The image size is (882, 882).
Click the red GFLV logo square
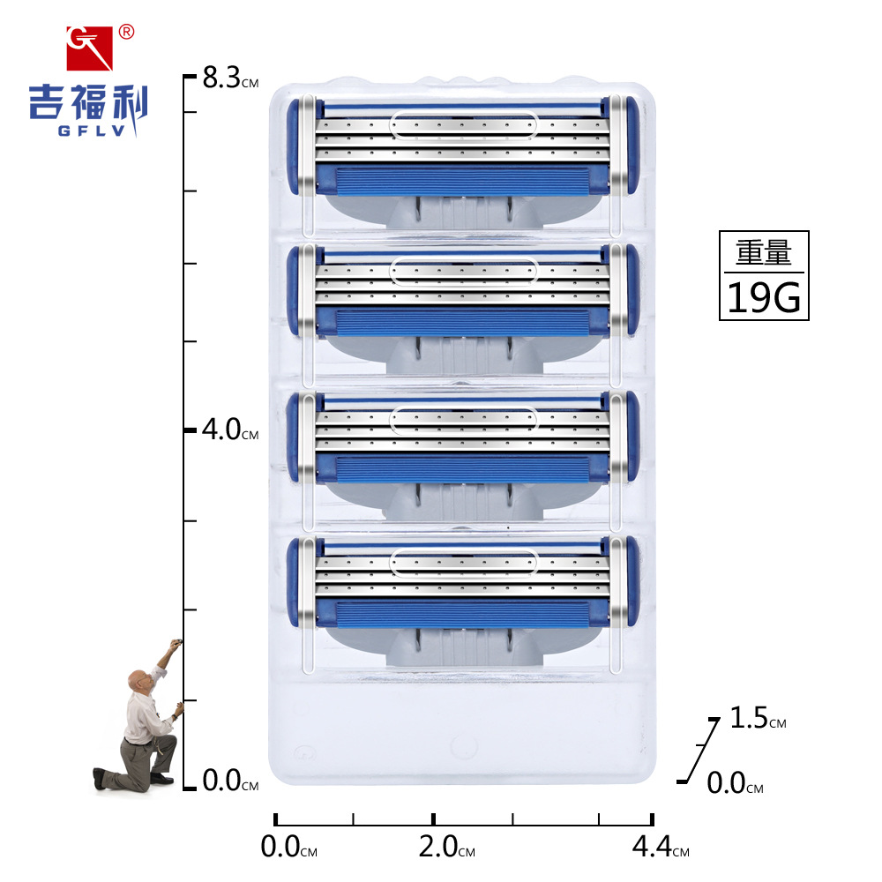(89, 48)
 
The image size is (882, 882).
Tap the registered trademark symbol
(126, 32)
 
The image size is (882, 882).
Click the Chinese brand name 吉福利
(88, 102)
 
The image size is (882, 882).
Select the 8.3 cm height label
(230, 78)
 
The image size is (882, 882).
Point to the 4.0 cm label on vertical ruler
(230, 430)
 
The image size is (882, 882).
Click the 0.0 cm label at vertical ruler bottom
(230, 781)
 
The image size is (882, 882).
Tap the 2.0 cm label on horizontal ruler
(446, 847)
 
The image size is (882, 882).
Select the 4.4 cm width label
(661, 847)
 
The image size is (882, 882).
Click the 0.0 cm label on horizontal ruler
(288, 847)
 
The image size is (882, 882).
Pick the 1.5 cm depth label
(758, 718)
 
